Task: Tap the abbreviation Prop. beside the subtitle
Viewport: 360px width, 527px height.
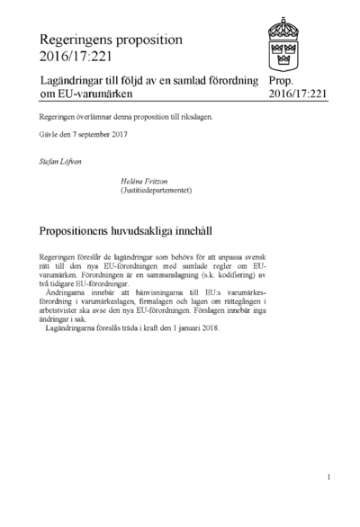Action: [x=283, y=81]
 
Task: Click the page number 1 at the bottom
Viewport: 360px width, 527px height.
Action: [x=329, y=477]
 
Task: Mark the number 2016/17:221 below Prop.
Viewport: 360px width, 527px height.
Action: [x=297, y=94]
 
